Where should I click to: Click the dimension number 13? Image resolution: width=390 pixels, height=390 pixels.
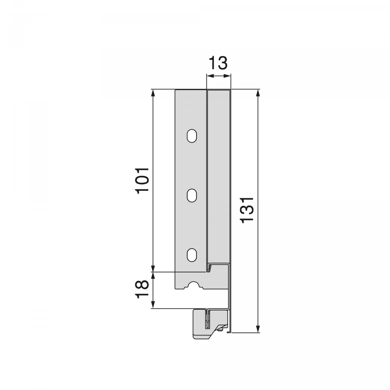[x=218, y=63]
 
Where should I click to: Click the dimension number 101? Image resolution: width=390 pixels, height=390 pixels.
[x=143, y=181]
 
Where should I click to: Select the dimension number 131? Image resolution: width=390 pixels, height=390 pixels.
[x=248, y=210]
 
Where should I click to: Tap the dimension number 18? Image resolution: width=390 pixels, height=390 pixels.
[x=143, y=290]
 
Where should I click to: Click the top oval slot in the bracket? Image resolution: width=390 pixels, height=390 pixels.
[x=192, y=136]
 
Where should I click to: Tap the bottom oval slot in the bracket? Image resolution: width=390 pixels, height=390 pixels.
[x=192, y=255]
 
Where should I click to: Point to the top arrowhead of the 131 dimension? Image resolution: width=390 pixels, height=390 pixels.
[x=258, y=92]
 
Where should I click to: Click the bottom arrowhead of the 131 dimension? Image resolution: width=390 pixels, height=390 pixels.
[x=258, y=329]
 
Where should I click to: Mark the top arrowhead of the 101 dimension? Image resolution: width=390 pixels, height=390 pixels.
[x=153, y=92]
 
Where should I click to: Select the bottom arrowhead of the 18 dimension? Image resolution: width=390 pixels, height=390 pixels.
[x=153, y=305]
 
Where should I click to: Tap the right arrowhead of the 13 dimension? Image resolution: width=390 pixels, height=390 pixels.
[x=228, y=76]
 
